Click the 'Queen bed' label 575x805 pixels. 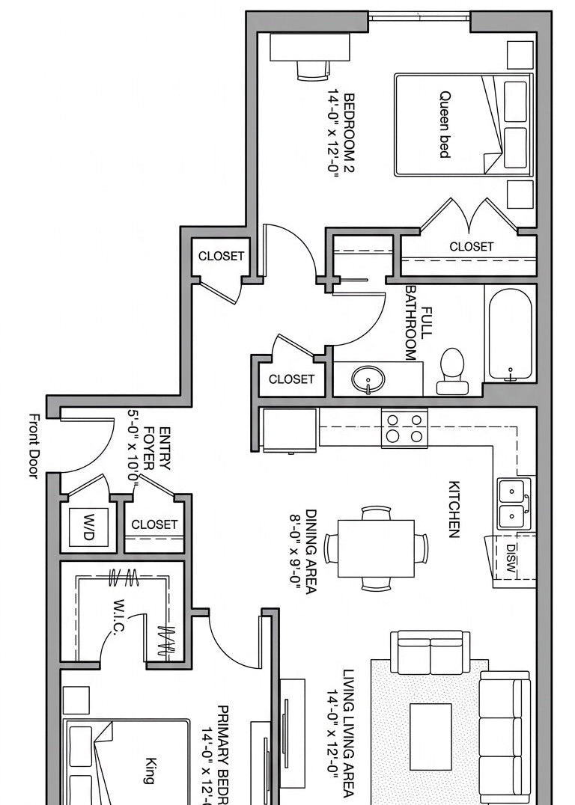(445, 124)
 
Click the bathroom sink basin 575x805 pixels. (367, 379)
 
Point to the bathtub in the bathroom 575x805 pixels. (511, 334)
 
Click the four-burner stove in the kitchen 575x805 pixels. (404, 428)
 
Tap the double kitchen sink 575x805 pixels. (514, 503)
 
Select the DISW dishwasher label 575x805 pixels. (511, 557)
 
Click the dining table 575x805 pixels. (376, 548)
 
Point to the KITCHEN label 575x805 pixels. (453, 509)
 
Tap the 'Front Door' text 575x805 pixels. (34, 446)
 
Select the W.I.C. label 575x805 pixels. (119, 616)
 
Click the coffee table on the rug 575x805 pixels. (431, 736)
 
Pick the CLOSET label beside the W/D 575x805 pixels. (154, 524)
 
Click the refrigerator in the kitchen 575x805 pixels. (289, 430)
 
